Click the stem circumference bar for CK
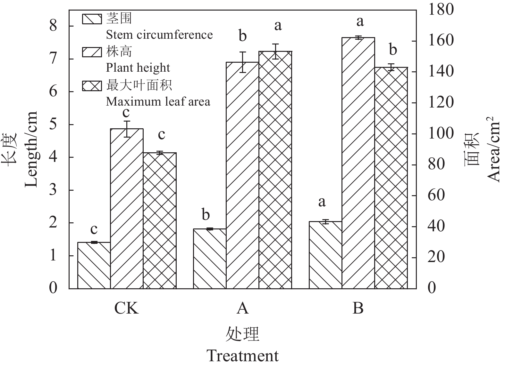click(94, 265)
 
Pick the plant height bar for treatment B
click(358, 163)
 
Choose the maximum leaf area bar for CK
click(160, 220)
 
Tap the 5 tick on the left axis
click(53, 124)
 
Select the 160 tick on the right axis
click(436, 41)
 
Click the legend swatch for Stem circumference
click(92, 19)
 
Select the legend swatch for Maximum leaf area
click(92, 85)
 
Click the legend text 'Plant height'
click(138, 68)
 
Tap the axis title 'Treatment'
click(242, 356)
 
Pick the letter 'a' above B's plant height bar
click(360, 22)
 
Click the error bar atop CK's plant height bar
click(127, 129)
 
